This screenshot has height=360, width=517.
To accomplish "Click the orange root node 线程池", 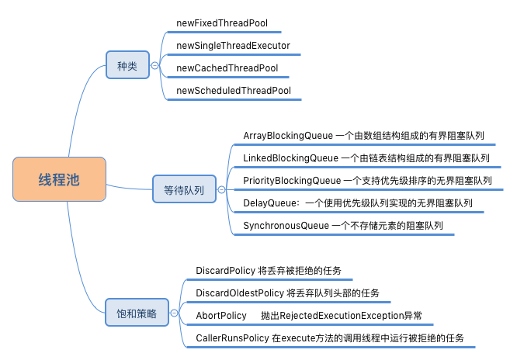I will [x=59, y=180].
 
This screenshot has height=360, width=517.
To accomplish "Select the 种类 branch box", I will [x=127, y=67].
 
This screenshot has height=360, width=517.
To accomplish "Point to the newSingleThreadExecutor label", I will [x=233, y=46].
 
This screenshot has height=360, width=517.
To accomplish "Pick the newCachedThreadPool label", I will [x=227, y=68].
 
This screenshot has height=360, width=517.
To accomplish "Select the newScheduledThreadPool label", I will [x=234, y=91].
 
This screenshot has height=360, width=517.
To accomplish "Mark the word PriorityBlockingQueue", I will [x=292, y=181].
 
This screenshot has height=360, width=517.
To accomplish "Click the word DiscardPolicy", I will [x=225, y=271].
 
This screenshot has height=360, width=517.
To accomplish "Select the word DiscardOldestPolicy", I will [x=239, y=293].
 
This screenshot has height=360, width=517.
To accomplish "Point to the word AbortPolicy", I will [x=220, y=316].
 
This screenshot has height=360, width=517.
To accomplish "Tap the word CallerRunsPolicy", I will [x=231, y=338].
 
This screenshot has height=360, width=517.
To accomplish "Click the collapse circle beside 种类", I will [x=154, y=67].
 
